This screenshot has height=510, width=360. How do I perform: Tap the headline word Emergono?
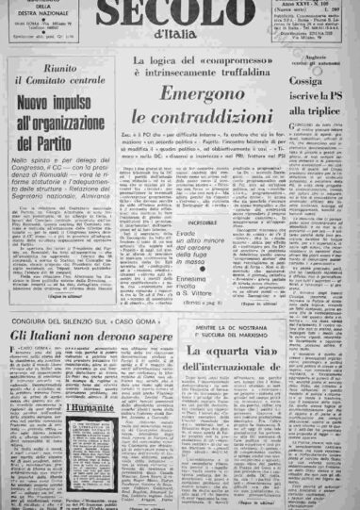coord(197,95)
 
